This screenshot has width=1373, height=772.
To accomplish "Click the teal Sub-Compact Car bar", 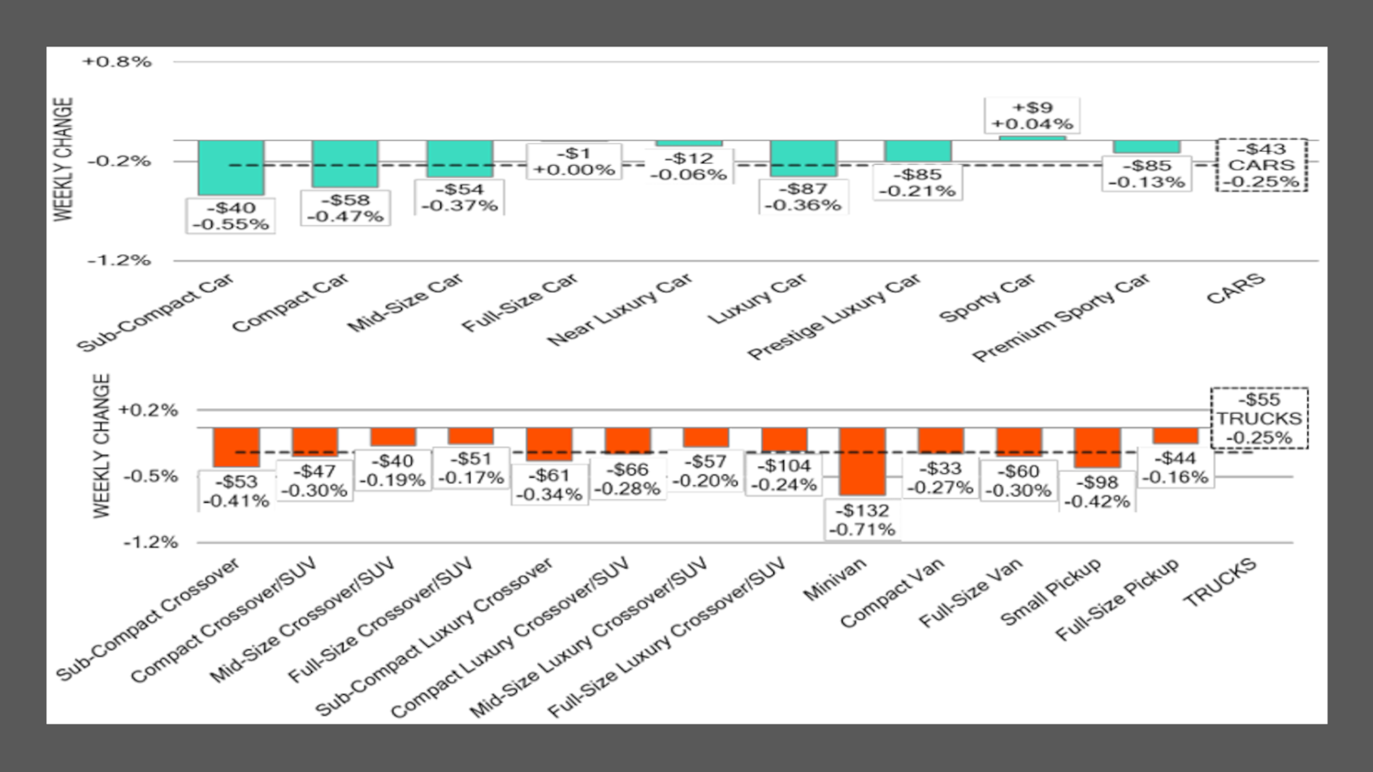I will pyautogui.click(x=231, y=167).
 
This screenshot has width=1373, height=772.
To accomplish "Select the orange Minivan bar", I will pyautogui.click(x=862, y=461).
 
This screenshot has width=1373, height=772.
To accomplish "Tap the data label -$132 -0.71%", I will pyautogui.click(x=862, y=520).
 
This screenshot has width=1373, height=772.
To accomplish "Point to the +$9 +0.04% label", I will pyautogui.click(x=1032, y=115).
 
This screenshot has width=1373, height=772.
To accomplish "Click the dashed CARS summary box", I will pyautogui.click(x=1261, y=165).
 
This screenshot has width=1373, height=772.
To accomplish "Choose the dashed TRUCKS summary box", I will pyautogui.click(x=1259, y=419).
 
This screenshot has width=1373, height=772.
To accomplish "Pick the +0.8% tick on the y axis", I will pyautogui.click(x=117, y=62).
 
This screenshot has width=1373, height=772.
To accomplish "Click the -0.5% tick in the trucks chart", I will pyautogui.click(x=149, y=476).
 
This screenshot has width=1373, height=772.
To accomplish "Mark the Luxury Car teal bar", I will pyautogui.click(x=803, y=158).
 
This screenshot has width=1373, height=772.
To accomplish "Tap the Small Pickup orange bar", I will pyautogui.click(x=1097, y=448).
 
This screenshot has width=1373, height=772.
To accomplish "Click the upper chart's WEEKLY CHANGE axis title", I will pyautogui.click(x=63, y=159).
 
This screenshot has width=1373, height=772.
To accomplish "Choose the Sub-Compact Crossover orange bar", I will pyautogui.click(x=236, y=447).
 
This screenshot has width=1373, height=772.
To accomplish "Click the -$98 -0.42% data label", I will pyautogui.click(x=1097, y=492).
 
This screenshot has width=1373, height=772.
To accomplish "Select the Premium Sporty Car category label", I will pyautogui.click(x=1061, y=318).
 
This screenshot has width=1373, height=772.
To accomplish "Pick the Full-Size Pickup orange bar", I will pyautogui.click(x=1176, y=436).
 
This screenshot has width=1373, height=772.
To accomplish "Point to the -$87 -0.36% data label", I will pyautogui.click(x=803, y=197).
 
